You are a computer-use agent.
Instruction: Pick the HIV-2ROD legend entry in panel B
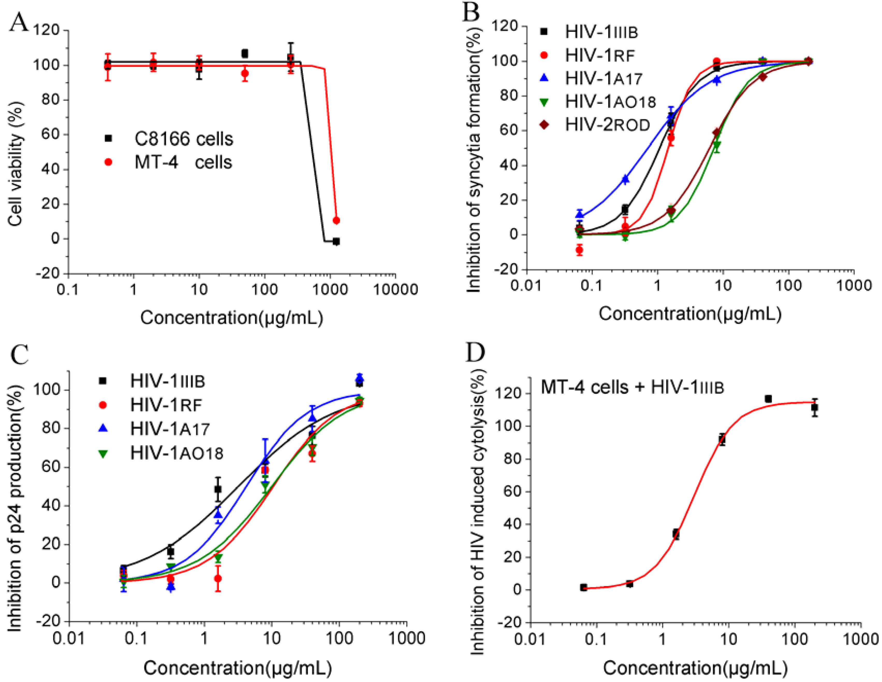(x=595, y=125)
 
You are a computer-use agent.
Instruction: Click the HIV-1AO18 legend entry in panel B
(x=598, y=102)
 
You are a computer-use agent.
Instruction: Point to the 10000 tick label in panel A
(x=395, y=290)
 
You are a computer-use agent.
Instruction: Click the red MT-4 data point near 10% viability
(x=336, y=220)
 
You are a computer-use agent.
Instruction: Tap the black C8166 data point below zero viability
(x=336, y=241)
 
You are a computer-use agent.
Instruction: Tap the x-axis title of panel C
(x=238, y=668)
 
